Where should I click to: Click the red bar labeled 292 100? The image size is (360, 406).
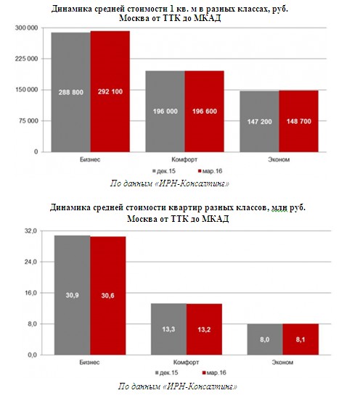[x=110, y=91]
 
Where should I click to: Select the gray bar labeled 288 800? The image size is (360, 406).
[x=71, y=92]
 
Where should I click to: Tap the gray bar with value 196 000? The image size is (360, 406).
[x=165, y=112]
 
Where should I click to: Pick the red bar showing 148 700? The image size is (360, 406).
[x=298, y=121]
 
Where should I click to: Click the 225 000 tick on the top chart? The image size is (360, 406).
[x=26, y=59]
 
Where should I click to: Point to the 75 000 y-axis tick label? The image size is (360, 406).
[x=28, y=121]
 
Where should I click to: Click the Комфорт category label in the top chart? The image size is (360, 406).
[x=184, y=159]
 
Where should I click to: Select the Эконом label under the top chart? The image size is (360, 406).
[x=279, y=159]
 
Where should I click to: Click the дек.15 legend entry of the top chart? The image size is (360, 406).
[x=164, y=171]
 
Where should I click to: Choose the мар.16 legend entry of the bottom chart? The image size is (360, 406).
[x=214, y=373]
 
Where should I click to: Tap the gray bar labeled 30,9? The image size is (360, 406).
[x=73, y=295]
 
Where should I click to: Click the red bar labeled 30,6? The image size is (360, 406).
[x=108, y=296]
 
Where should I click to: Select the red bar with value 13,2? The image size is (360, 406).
[x=204, y=329]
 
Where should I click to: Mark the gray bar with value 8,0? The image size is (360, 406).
[x=265, y=339]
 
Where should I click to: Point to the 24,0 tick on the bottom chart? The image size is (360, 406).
[x=30, y=262]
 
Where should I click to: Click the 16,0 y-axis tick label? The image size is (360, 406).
[x=30, y=293]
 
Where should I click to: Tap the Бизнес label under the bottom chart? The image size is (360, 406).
[x=90, y=362]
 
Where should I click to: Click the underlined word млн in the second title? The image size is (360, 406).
[x=279, y=207]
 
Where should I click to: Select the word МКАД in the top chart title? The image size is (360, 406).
[x=208, y=18]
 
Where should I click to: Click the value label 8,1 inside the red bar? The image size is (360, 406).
[x=300, y=339]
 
